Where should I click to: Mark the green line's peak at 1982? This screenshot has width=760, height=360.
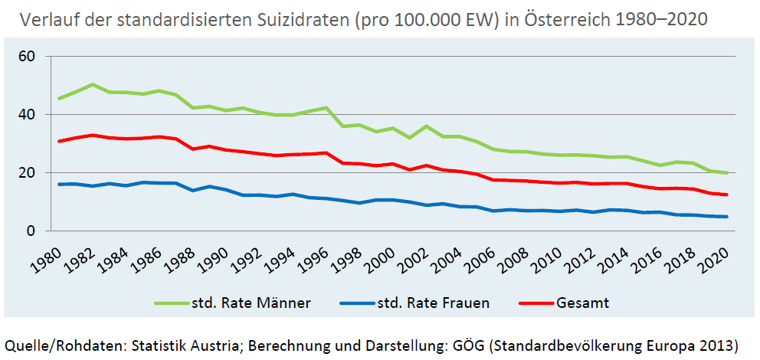[93, 84]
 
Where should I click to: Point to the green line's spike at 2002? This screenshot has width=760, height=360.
[426, 126]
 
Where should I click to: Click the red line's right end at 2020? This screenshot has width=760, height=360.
[726, 195]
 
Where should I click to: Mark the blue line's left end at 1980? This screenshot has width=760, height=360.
[59, 184]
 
